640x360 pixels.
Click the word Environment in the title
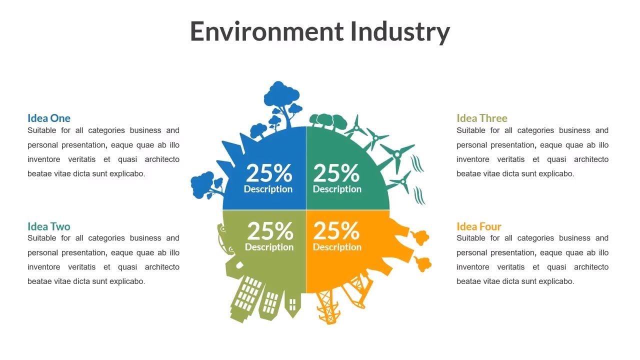pos(266,31)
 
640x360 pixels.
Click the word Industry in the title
pos(399,32)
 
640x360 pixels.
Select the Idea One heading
pos(49,118)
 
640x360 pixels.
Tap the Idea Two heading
pos(49,226)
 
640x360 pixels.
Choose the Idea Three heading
pos(481,118)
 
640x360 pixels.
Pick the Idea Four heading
pos(478,226)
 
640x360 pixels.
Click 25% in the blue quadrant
pos(268,173)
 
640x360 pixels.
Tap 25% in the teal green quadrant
pos(336,173)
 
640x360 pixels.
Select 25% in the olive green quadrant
pos(269,231)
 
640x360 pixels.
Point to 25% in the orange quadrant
pos(336,231)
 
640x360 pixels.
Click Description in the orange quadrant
pos(337,247)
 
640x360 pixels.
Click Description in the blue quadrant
pos(268,189)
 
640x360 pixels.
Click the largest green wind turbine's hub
pos(397,155)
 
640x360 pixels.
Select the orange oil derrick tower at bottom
pos(328,305)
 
